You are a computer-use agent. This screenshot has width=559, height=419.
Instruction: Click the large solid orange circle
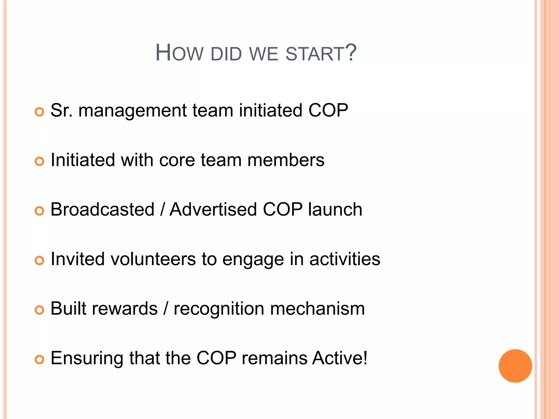515,366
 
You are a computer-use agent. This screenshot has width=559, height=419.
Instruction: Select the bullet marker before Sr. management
39,112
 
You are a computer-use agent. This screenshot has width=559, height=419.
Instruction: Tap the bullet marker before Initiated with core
39,161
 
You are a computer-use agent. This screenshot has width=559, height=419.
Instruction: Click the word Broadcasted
103,209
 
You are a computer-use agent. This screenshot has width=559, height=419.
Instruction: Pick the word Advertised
213,209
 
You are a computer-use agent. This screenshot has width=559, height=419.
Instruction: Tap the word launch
335,209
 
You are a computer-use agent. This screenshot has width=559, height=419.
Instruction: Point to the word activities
345,259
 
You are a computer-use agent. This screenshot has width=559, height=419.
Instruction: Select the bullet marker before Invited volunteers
39,261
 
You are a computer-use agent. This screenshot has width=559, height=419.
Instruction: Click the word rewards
125,309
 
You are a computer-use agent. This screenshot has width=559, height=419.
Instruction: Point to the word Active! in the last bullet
340,358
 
